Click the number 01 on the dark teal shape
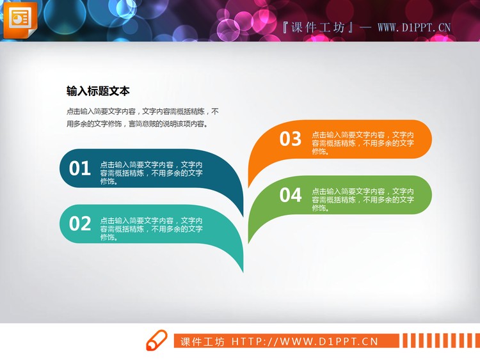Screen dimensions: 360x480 point(80,168)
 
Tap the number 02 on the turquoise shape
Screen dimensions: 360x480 point(80,224)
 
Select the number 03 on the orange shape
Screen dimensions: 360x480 point(291,139)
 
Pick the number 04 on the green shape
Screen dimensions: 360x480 point(291,195)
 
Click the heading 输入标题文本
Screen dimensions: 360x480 point(98,91)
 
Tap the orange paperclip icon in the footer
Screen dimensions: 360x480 point(156,341)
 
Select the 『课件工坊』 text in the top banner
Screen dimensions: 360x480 point(317,27)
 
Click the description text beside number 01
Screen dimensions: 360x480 point(152,173)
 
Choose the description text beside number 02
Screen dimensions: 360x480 point(152,228)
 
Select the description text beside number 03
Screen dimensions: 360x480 point(363,143)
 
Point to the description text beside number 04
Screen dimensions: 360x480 point(363,200)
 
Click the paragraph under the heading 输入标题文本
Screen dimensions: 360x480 point(142,117)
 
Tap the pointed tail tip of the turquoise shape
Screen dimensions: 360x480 point(243,271)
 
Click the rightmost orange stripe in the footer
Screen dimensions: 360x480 point(476,341)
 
